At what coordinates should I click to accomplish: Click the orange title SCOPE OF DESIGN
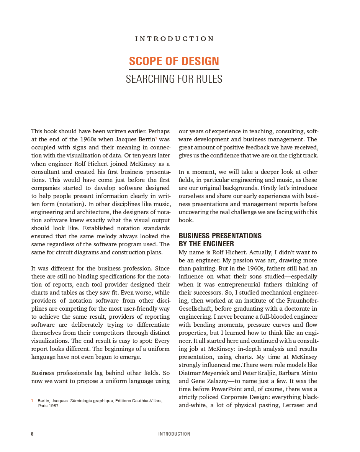(174, 61)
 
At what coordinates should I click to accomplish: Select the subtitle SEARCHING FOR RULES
(174, 79)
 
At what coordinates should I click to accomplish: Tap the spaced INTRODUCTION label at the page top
(175, 39)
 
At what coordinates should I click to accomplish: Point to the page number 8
(32, 434)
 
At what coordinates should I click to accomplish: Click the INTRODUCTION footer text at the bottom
(174, 434)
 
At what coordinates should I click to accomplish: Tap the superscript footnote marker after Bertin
(156, 138)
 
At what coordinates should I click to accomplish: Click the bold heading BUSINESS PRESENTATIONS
(220, 236)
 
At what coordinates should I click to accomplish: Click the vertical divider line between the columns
(174, 268)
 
